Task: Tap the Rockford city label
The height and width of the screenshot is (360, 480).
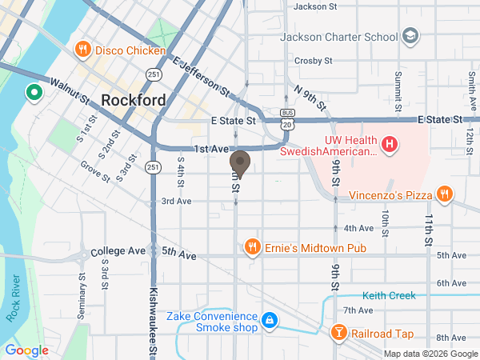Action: point(134,101)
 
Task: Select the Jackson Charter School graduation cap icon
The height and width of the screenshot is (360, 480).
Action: point(410,37)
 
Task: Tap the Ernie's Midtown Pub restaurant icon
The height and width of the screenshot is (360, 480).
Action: point(253,247)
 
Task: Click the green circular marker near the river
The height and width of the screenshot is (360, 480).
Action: point(34,93)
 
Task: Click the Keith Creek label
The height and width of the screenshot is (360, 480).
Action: point(389,295)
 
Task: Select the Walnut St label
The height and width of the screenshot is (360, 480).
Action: point(69,90)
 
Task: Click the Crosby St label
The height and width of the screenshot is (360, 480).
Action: point(313,60)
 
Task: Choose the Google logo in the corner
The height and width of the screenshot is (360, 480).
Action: point(26,350)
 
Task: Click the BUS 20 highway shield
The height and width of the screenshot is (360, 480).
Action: point(286,118)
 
